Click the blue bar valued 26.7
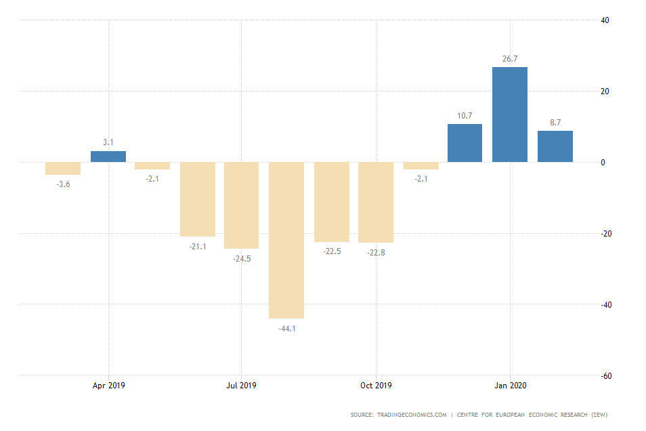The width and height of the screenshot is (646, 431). coord(509,115)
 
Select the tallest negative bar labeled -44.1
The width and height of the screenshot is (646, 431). coord(286,240)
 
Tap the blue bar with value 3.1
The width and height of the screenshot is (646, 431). coord(108,157)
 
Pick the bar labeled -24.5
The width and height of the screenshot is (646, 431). coord(242,205)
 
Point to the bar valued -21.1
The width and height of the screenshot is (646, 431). coord(197,199)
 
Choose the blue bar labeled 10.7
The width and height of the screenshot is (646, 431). coord(465,143)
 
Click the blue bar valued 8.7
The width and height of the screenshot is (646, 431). coord(555,146)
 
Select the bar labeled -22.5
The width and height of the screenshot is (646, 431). coord(331,202)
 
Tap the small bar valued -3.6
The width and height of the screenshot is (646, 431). coord(63,168)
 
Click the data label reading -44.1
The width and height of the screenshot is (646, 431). coord(286,329)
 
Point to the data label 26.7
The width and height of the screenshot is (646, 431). coord(509,59)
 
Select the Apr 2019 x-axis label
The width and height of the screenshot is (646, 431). coord(108,386)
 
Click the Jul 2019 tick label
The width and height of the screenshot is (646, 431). coord(242,386)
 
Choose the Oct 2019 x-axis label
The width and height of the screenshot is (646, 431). coord(376,386)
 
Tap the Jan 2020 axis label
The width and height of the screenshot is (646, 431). coord(509,386)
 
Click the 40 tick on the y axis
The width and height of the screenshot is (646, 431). coord(605,20)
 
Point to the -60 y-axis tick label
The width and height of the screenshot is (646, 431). coord(606,375)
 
